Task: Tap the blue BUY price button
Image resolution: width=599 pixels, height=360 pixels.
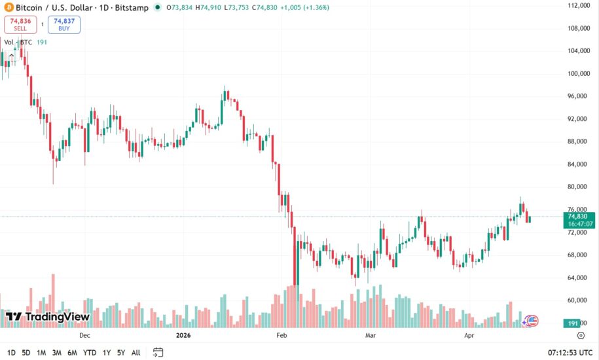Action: click(64, 24)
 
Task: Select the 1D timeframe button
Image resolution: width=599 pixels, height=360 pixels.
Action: click(11, 353)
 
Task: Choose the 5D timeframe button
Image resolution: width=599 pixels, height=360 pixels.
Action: click(26, 353)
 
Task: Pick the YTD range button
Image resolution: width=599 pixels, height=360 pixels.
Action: click(90, 353)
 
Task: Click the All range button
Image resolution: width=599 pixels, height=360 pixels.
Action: click(136, 353)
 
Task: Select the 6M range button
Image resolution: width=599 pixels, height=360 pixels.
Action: click(72, 353)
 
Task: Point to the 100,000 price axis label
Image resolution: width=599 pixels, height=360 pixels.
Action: click(579, 74)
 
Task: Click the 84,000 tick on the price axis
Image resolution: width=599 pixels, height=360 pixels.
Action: click(579, 164)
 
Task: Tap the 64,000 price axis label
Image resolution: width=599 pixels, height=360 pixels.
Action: click(579, 278)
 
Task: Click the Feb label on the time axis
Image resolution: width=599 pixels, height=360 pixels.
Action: click(282, 335)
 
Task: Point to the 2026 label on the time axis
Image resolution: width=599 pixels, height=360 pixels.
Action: click(183, 335)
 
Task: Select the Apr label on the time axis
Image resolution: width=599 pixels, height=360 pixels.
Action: click(469, 335)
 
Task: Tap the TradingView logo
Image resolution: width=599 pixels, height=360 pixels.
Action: click(47, 317)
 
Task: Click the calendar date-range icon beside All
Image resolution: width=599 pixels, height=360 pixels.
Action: click(158, 352)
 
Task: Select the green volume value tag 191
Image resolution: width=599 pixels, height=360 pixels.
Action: click(572, 324)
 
